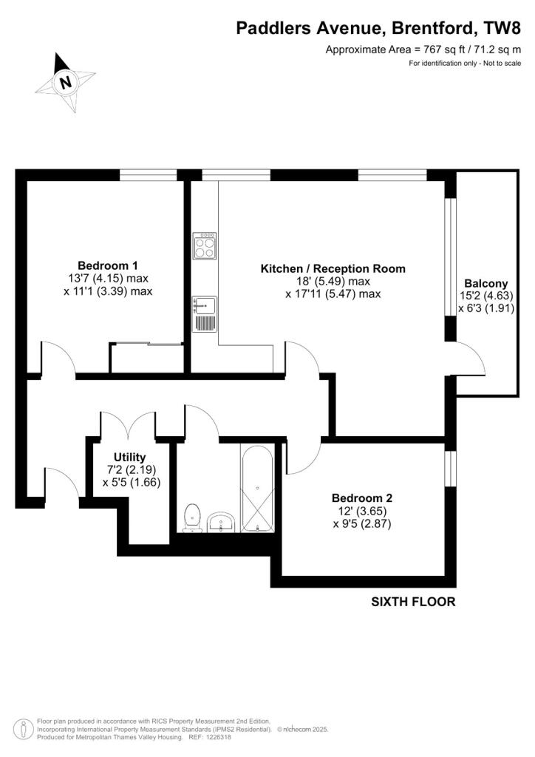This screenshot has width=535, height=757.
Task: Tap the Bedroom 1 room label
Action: tap(108, 265)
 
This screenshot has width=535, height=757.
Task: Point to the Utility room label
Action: tap(129, 457)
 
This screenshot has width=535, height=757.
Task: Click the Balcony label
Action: tap(485, 283)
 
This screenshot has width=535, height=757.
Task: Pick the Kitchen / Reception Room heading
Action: tap(333, 268)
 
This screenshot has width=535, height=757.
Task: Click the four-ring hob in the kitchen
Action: tap(204, 245)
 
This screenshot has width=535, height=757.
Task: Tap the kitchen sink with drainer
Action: tap(204, 313)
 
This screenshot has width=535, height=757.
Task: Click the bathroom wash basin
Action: tap(221, 522)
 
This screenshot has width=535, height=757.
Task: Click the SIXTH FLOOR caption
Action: tap(413, 602)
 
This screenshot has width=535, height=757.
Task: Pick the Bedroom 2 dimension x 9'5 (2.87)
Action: tap(361, 524)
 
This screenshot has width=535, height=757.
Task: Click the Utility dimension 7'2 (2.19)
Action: tap(129, 469)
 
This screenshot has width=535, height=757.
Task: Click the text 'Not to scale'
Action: tap(502, 64)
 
